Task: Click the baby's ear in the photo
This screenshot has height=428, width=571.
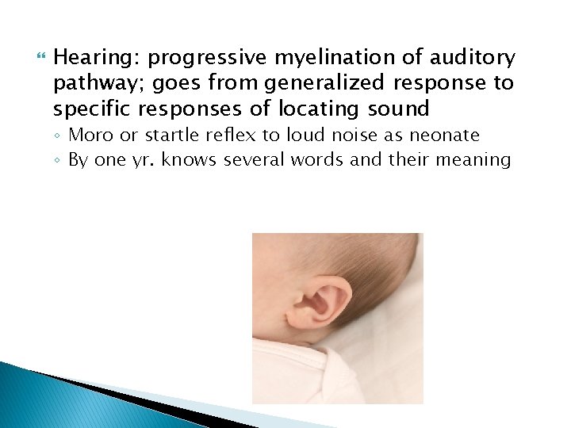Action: [320, 301]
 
